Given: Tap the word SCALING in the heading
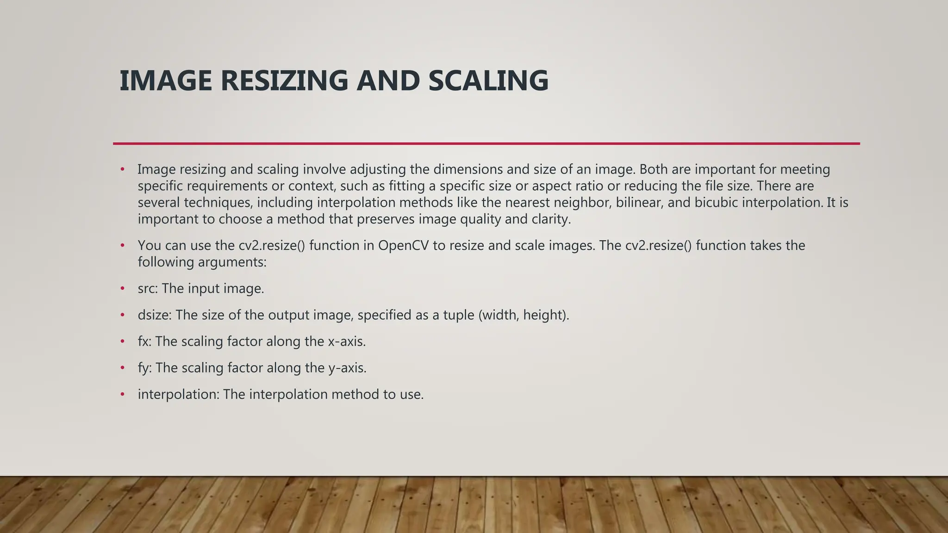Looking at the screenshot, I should pos(488,81).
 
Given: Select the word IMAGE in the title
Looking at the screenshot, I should pos(166,81).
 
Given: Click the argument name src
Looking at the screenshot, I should pos(147,289).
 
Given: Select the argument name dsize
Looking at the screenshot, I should pos(154,315).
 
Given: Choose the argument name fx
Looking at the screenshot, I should pos(144,341).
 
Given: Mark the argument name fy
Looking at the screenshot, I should pos(144,368).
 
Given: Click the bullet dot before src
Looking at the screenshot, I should pos(123,289).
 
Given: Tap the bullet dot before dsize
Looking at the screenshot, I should pos(123,315).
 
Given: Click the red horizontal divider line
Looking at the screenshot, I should pos(486,143).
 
